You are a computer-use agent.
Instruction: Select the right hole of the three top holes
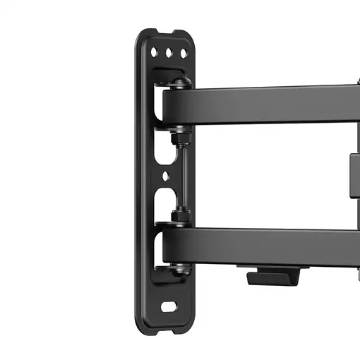(182, 53)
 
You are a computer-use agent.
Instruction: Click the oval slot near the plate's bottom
(169, 307)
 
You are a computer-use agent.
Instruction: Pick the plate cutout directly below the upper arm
(161, 145)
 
